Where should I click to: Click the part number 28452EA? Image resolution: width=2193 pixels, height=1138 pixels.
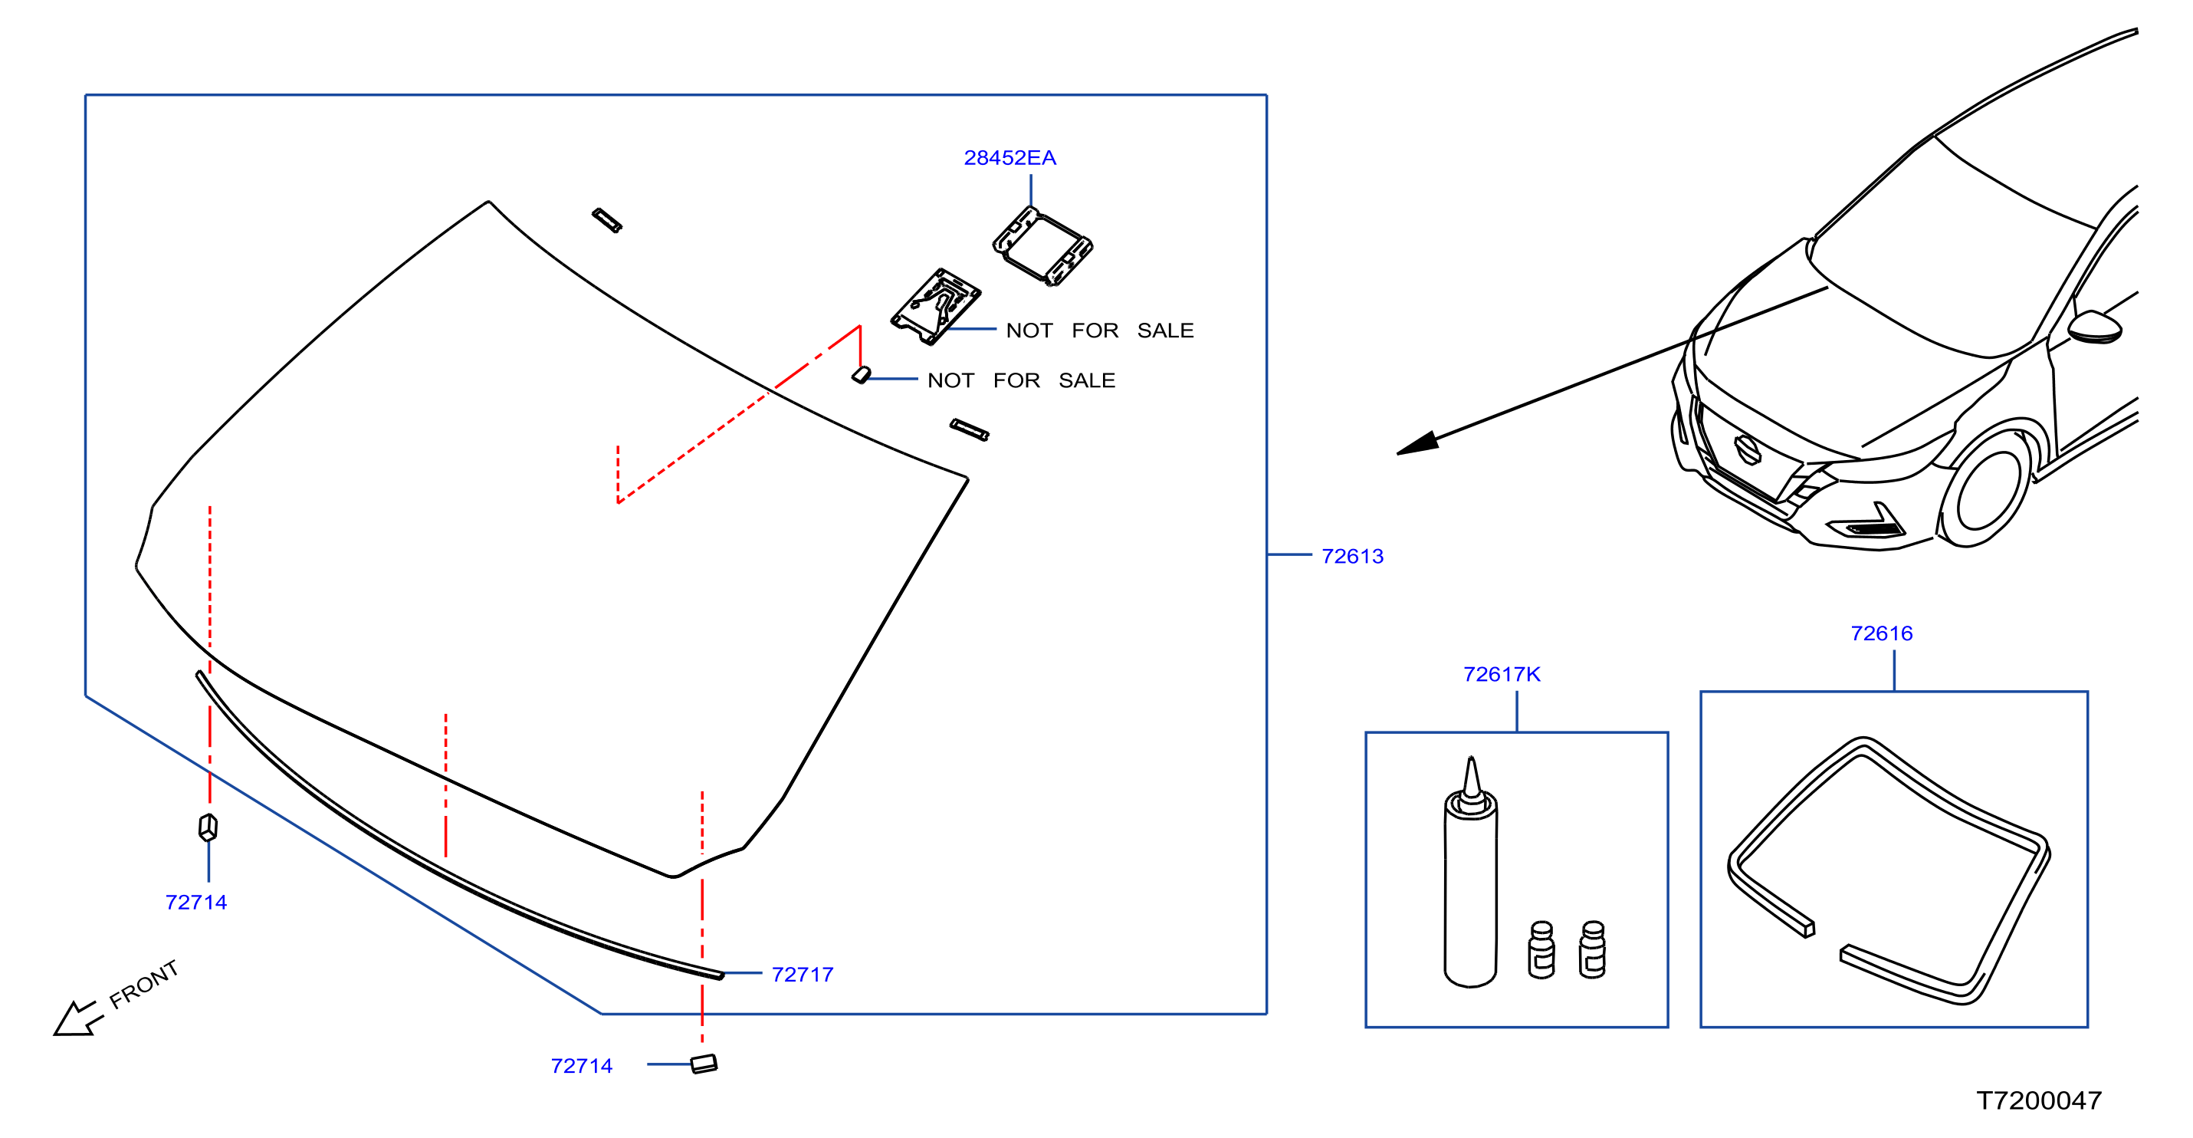(x=1010, y=157)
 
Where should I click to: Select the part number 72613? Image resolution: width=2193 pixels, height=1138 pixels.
(x=1352, y=556)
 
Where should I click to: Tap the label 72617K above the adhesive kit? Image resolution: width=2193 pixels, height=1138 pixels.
(x=1502, y=675)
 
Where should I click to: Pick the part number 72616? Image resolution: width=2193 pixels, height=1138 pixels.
(x=1882, y=633)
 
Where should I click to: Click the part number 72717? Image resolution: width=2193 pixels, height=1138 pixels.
(x=802, y=975)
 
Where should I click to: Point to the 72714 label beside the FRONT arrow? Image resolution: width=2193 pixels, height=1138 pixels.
(x=195, y=902)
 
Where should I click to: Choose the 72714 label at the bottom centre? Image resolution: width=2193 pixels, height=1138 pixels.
(x=582, y=1066)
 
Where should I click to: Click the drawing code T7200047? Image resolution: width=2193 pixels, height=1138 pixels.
(x=2039, y=1100)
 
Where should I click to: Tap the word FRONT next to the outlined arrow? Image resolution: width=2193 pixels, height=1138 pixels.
(x=144, y=984)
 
